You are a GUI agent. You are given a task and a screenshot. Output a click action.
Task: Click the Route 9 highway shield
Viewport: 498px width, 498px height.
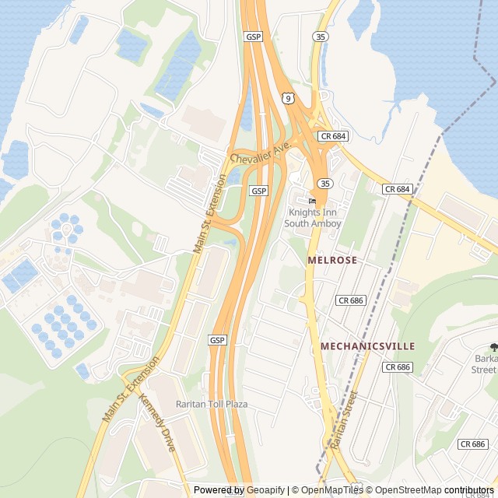point(288,98)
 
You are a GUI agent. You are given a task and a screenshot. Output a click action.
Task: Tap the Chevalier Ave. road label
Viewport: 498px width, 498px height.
point(260,153)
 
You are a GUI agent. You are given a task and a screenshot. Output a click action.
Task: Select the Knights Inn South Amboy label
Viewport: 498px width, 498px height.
point(312,218)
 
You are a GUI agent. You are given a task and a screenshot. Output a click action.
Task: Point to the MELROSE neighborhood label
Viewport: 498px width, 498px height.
point(332,260)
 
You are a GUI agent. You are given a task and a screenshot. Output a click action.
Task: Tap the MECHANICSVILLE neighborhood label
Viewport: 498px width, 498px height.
point(367,345)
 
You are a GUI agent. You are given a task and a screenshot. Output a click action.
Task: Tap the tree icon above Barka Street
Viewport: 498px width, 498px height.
point(493,347)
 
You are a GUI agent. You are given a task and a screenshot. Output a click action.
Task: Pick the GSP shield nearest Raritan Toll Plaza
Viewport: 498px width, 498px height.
point(217,341)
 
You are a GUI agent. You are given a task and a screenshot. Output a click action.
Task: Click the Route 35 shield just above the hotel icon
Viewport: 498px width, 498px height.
point(323,184)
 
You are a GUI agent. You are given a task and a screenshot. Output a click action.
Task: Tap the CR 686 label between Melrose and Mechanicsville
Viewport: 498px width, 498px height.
point(351,300)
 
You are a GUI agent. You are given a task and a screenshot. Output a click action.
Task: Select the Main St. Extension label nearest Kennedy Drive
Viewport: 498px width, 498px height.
point(130,389)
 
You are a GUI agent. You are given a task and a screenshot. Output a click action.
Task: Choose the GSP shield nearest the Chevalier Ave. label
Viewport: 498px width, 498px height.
point(258,191)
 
